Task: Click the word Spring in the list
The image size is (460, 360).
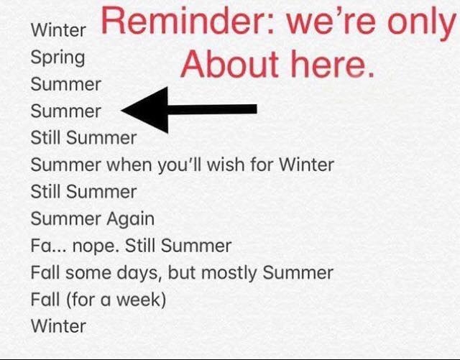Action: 57,57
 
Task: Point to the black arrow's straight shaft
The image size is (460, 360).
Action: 213,109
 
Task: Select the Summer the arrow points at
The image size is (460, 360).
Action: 66,111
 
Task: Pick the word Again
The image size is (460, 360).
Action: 130,219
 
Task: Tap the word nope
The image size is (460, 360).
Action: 96,246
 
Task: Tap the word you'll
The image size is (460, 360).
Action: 180,165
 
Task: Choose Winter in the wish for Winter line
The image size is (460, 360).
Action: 306,165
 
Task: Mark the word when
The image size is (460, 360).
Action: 129,165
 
